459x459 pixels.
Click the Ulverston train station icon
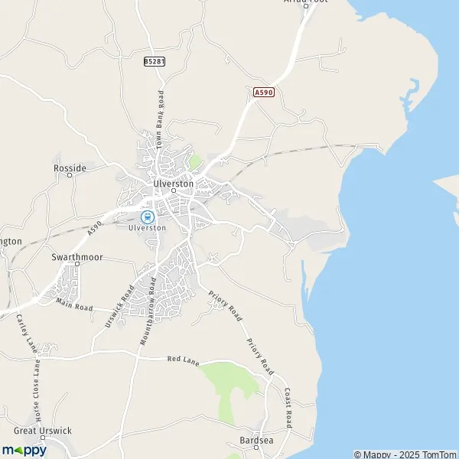pos(149,216)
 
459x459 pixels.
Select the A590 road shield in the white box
pos(263,93)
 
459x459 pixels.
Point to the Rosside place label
pos(70,168)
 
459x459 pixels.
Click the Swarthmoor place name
pos(76,258)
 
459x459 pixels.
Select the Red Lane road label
pos(184,360)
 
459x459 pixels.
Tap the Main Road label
pos(74,307)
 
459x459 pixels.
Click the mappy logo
pos(24,450)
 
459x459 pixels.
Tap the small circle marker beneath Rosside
pos(70,175)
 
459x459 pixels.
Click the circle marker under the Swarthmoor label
pos(76,265)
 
